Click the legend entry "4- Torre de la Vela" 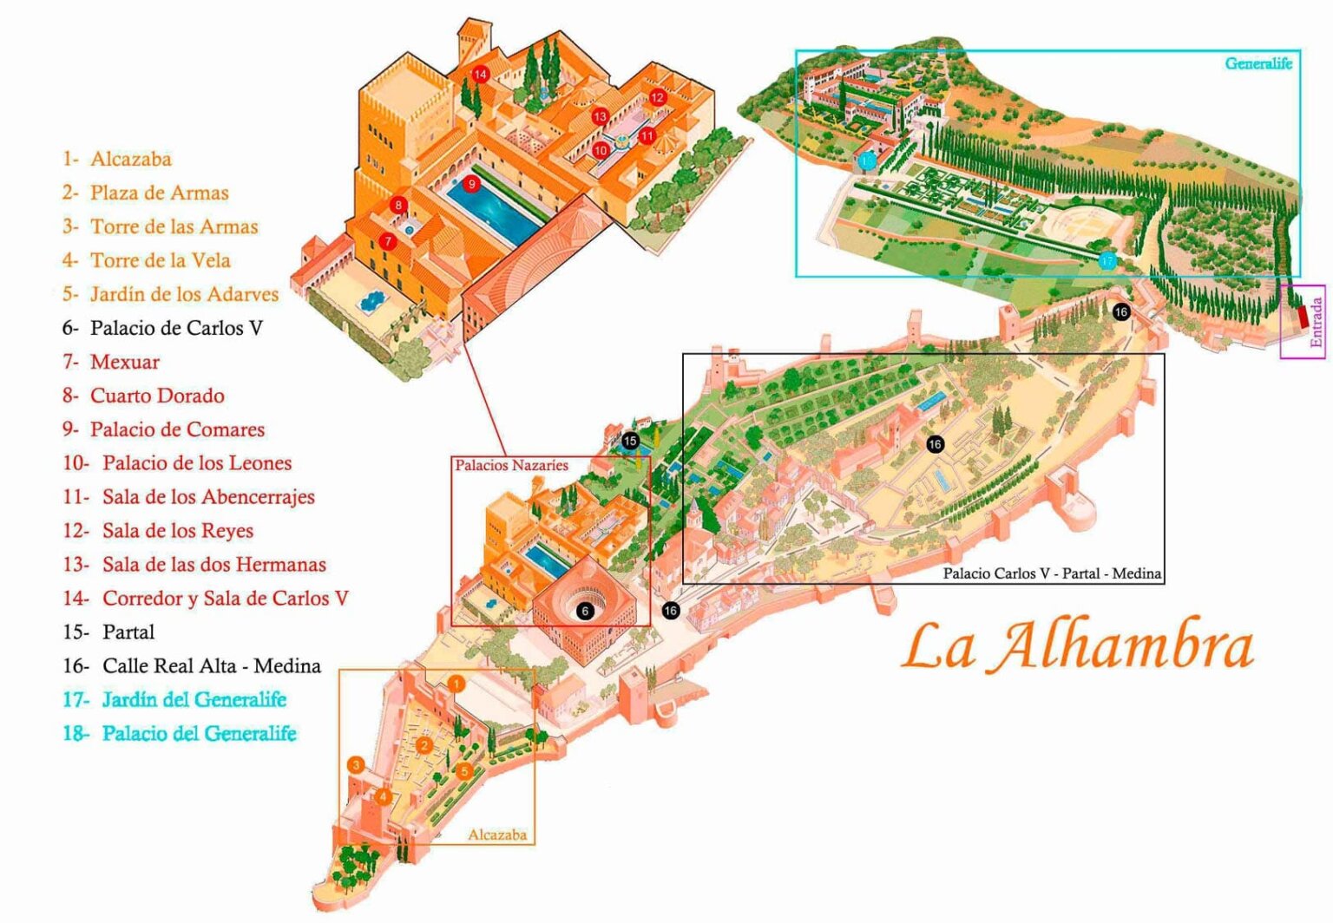coord(147,260)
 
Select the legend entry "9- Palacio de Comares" coord(163,429)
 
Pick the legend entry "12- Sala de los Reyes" coord(158,531)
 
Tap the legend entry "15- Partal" coord(108,632)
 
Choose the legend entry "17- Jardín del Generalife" coord(174,700)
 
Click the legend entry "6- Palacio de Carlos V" coord(162,328)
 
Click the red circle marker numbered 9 coord(471,184)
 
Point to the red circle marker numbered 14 coord(480,75)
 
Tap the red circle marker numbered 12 coord(657,97)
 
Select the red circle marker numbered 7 coord(388,241)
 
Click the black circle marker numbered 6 coord(585,611)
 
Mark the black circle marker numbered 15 coord(630,441)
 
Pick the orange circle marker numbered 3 coord(356,765)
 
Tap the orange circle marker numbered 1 coord(456,684)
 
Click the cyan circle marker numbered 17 coord(1106,260)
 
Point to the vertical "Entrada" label coord(1316,323)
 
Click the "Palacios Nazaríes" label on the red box coord(511,466)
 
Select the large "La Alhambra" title coord(1077,646)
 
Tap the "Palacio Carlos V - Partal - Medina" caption coord(1052,573)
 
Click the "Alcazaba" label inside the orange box coord(497,835)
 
